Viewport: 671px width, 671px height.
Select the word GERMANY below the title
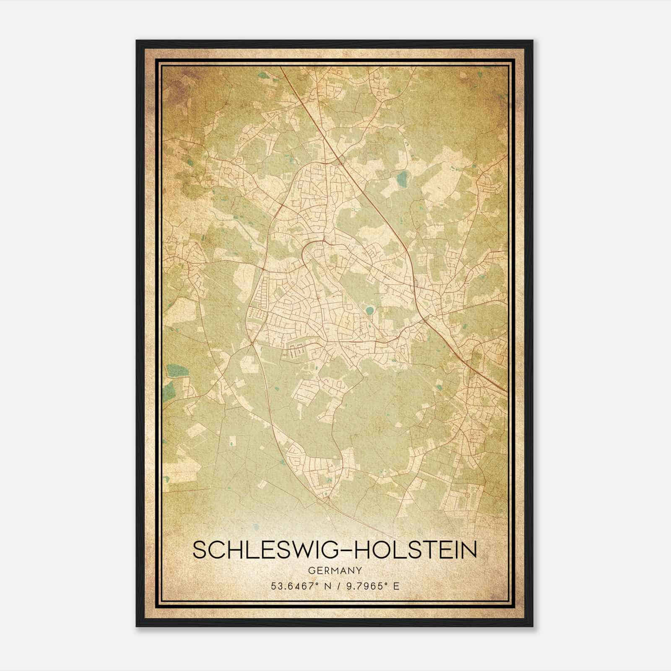tap(335, 570)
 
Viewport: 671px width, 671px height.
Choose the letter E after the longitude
tap(396, 586)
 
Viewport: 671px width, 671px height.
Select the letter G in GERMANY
tap(311, 570)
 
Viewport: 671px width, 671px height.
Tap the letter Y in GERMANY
tap(359, 570)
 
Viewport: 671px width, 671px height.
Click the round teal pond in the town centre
tap(369, 311)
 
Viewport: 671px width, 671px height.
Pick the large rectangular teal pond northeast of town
tap(402, 179)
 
